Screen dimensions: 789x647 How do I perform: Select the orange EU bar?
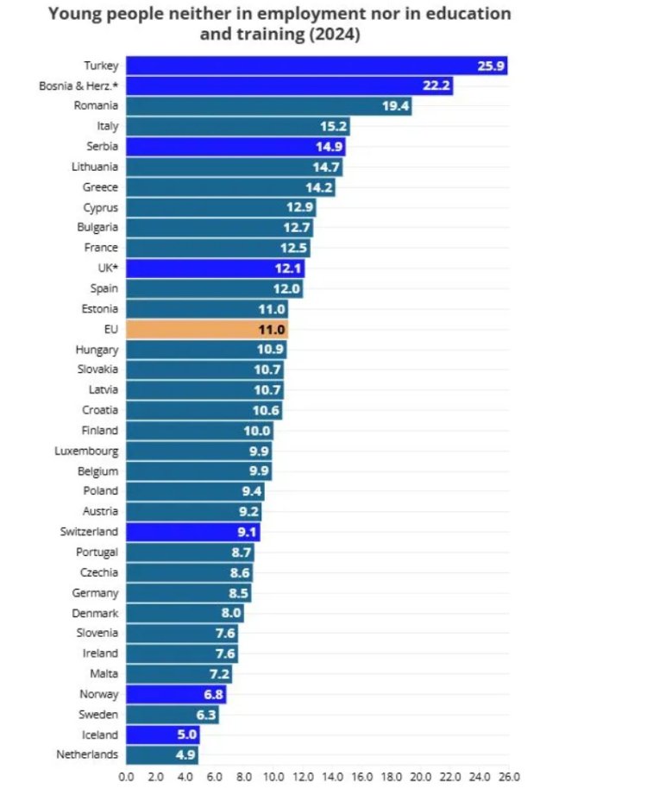tap(206, 329)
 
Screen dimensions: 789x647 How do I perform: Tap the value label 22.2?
tap(435, 86)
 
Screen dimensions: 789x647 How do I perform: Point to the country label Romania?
tap(97, 106)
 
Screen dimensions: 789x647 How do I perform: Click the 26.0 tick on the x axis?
tap(509, 776)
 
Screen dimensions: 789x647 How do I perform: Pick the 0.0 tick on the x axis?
tap(126, 776)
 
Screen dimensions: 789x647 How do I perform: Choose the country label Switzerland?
tap(89, 532)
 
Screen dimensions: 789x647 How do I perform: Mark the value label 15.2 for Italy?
tap(333, 127)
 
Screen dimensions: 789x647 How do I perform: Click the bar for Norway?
tap(176, 694)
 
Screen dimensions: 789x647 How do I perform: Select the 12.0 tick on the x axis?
tap(303, 776)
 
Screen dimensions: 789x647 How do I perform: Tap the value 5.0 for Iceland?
tap(185, 735)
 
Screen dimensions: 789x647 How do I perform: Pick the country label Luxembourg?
tap(86, 451)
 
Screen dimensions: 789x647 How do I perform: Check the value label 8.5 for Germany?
tap(238, 593)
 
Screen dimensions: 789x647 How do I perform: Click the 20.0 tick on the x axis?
tap(421, 776)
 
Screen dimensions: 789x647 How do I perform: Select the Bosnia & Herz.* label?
tap(79, 86)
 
